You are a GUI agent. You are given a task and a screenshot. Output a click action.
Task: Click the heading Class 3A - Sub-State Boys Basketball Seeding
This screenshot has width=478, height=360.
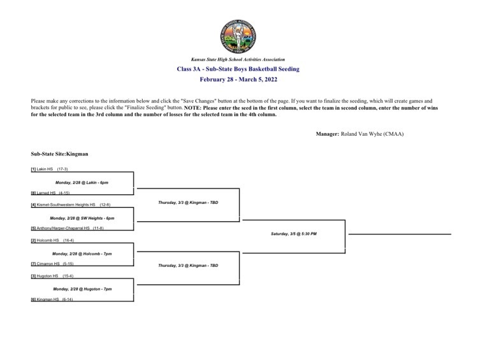click(x=238, y=69)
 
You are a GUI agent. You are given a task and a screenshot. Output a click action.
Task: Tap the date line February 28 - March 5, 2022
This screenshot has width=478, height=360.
click(x=238, y=80)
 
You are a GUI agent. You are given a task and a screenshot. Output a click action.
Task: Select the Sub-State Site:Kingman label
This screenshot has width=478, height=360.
click(x=59, y=154)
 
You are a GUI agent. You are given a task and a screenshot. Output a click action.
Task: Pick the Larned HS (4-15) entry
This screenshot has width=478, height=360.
click(x=50, y=192)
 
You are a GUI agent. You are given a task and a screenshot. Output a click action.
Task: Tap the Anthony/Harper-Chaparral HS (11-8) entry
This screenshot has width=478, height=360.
click(x=67, y=228)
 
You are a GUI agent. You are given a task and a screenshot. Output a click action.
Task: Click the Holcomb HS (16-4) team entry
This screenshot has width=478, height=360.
click(x=53, y=240)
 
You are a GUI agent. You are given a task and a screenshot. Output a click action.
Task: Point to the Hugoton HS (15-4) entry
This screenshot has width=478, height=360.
click(x=52, y=276)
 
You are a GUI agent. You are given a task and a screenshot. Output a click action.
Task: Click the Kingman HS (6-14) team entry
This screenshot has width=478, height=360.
click(x=52, y=299)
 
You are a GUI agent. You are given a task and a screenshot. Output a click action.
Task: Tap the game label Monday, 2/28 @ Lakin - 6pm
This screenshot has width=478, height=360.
click(x=82, y=182)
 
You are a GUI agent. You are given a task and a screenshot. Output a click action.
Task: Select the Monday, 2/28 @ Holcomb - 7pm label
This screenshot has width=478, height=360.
click(x=82, y=254)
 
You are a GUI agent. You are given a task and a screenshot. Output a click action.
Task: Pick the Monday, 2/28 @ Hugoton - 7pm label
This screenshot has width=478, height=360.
click(x=82, y=289)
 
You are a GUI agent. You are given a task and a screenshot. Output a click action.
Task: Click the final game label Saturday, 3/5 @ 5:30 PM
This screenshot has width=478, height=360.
click(x=293, y=234)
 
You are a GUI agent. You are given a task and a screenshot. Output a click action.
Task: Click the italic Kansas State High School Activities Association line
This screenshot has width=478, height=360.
click(x=238, y=59)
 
